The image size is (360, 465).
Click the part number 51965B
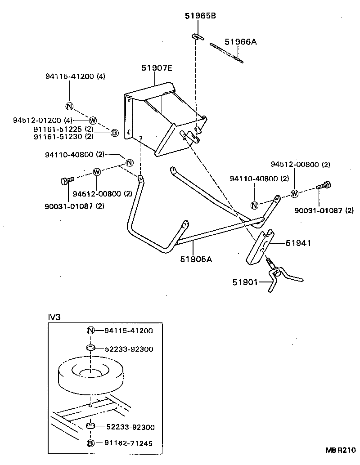[200, 16]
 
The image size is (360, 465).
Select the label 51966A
[240, 42]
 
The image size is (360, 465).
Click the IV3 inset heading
[54, 317]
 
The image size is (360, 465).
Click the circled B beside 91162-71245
[90, 443]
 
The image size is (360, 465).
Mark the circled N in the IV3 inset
[90, 331]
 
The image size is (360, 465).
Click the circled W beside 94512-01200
[93, 120]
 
